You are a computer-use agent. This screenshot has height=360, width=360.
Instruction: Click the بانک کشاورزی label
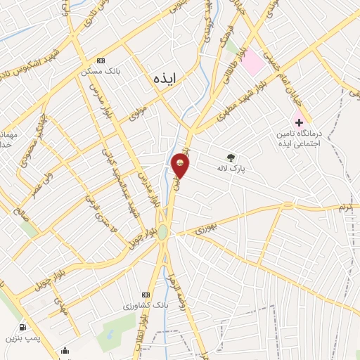tap(124, 305)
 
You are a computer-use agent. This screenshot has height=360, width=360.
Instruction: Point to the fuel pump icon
tap(23, 327)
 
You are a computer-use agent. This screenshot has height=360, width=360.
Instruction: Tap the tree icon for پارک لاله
tap(230, 157)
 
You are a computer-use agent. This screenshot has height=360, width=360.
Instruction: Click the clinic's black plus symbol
tap(300, 123)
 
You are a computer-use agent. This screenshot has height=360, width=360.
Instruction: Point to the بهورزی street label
tap(209, 226)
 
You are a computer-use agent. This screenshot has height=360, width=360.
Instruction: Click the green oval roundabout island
tap(162, 231)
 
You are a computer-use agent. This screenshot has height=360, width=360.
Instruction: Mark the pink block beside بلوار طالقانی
tap(253, 64)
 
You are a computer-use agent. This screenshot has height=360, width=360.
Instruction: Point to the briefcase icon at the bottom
tap(66, 352)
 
